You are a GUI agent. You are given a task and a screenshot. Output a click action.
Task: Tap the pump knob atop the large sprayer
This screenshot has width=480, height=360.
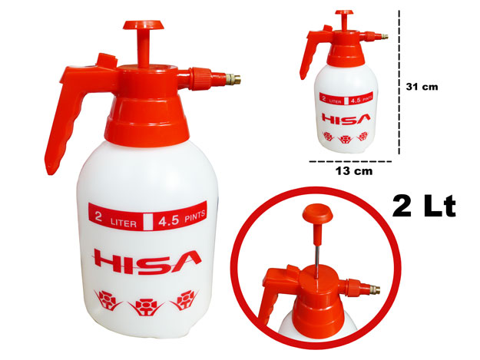144,25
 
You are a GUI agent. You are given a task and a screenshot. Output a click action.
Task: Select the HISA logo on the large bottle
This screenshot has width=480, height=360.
147,261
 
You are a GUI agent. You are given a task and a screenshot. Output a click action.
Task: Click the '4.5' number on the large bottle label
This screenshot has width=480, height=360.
168,220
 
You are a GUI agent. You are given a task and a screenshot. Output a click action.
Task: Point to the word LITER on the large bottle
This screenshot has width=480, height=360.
124,223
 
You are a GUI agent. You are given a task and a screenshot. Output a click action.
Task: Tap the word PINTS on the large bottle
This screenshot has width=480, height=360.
194,216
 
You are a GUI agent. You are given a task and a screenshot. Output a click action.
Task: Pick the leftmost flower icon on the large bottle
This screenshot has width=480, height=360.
108,300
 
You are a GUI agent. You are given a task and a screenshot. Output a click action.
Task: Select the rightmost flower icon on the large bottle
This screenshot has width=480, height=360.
185,300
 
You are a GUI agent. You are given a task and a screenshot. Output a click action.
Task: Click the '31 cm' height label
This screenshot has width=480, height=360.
422,87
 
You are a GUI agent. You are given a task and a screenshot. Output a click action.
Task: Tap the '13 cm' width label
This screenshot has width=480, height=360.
354,171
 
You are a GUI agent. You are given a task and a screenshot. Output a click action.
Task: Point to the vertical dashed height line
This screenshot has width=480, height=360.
399,82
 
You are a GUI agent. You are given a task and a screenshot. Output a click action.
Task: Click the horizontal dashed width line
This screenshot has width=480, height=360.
350,161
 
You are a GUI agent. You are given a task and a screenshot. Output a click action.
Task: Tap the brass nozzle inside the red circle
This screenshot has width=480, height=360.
374,289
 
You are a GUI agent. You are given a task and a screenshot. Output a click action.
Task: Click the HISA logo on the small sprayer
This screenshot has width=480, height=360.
346,119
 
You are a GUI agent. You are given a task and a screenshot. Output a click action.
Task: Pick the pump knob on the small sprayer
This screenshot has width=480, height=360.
344,12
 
